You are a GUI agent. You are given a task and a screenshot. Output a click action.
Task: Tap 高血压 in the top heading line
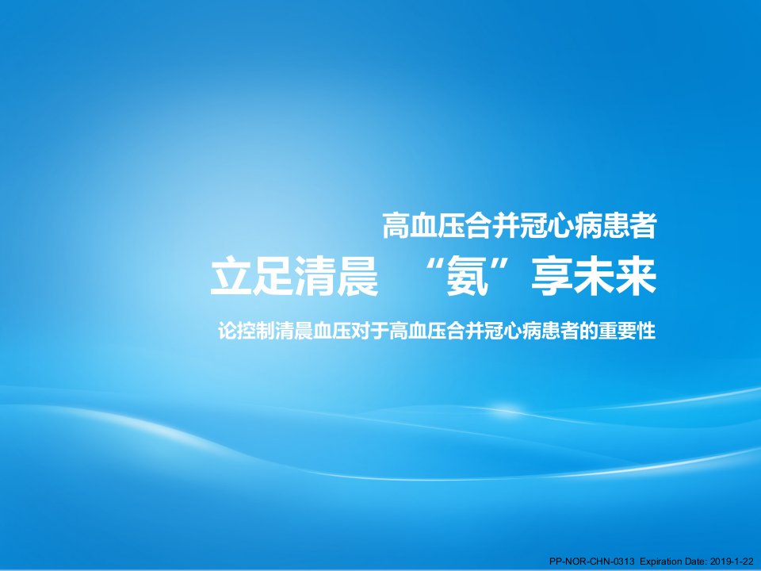(423, 225)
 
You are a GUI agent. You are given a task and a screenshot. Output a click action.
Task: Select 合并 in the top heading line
(492, 225)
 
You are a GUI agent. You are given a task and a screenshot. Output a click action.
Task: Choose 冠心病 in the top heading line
(560, 225)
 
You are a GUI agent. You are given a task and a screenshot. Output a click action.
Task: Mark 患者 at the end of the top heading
(629, 225)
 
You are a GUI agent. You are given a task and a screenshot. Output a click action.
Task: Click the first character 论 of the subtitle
(228, 331)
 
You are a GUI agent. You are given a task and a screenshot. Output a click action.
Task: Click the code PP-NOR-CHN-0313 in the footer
(591, 561)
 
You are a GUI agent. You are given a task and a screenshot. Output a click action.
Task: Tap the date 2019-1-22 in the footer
(732, 561)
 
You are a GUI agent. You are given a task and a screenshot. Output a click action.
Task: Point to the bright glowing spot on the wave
(507, 408)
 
